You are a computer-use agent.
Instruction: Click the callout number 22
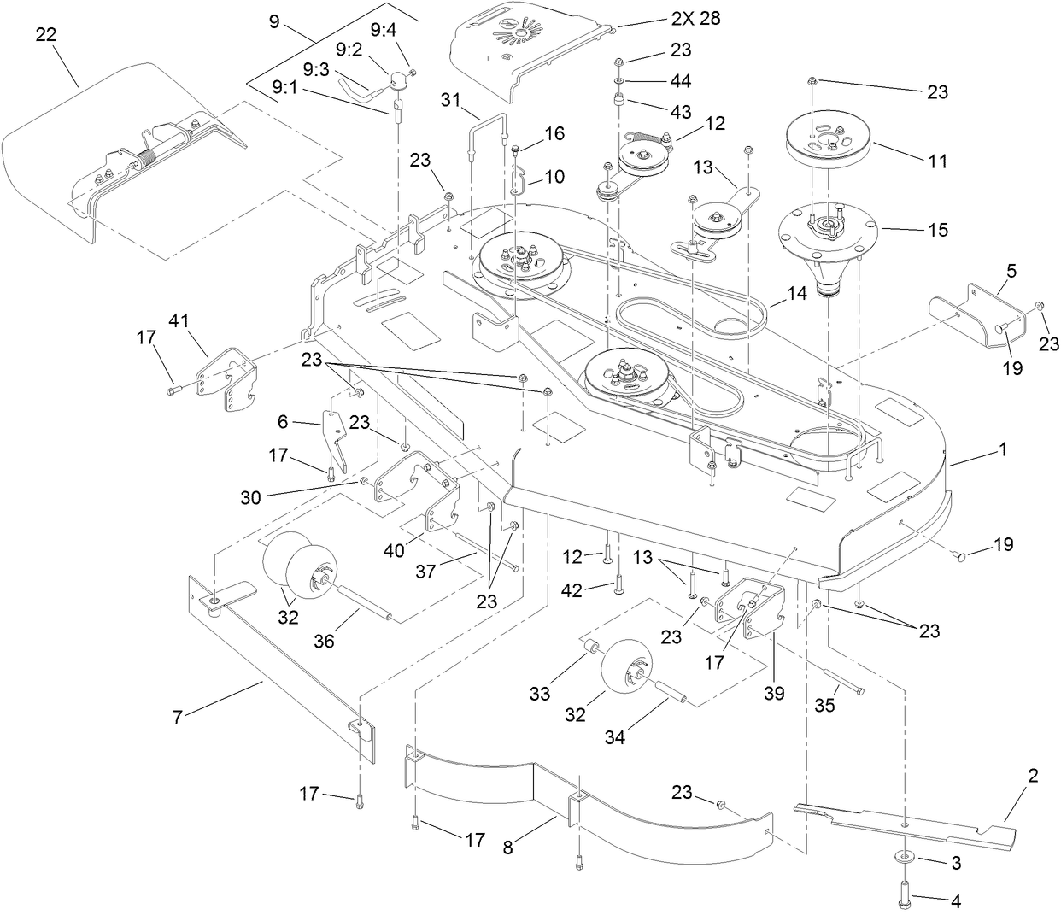(x=48, y=34)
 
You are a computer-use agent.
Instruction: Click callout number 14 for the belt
(x=796, y=292)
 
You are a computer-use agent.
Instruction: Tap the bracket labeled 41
(x=226, y=376)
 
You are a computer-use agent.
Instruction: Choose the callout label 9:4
(x=384, y=31)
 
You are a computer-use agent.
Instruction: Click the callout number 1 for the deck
(x=1003, y=448)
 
